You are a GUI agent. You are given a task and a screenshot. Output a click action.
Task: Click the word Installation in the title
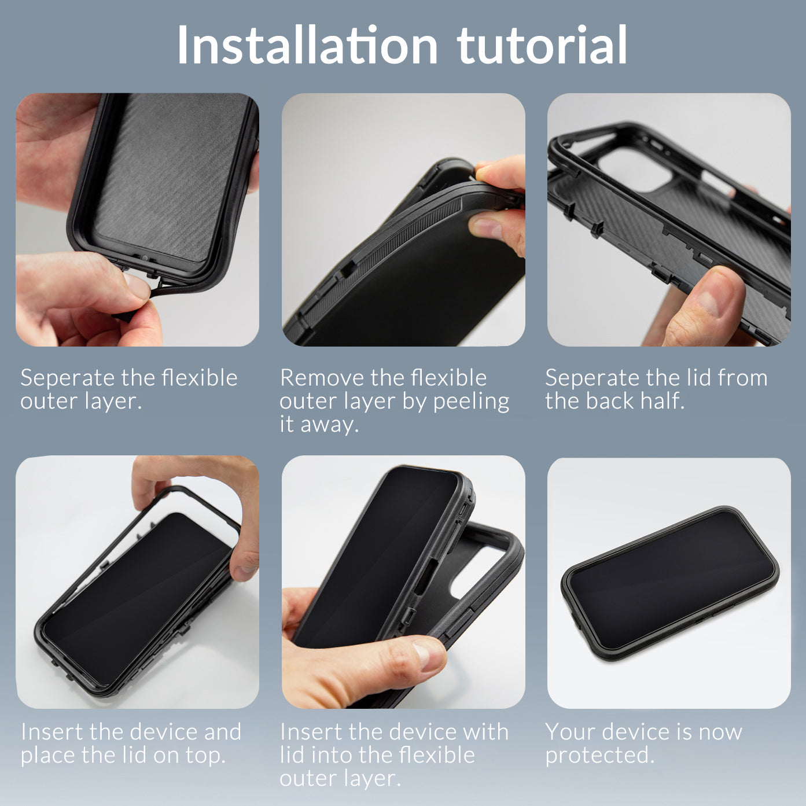[307, 46]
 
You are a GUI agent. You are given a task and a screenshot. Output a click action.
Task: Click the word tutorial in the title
[542, 46]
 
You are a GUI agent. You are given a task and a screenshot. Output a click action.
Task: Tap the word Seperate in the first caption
[67, 379]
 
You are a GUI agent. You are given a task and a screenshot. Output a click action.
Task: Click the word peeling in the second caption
[471, 402]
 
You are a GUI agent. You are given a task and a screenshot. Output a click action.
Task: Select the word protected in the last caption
[599, 756]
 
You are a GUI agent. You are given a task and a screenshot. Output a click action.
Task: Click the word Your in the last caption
[569, 732]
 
